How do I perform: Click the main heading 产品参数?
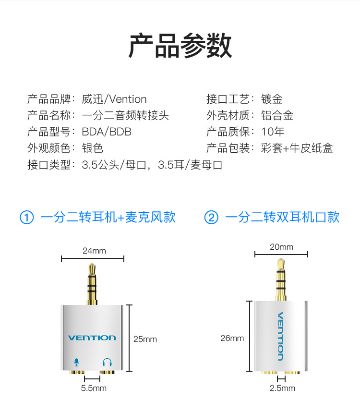point(180,46)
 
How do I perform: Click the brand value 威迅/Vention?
point(114,99)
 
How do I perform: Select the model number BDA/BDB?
point(107,132)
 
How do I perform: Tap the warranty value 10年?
point(273,132)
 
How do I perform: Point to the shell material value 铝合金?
point(277,115)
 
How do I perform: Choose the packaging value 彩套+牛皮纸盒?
point(297,148)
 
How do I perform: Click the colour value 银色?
point(93,148)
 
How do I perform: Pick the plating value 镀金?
point(272,99)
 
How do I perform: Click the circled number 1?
point(27,218)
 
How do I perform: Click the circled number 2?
point(211,218)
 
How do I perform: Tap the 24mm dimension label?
point(94,251)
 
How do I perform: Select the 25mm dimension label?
point(145,339)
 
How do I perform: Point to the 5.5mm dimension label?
point(94,388)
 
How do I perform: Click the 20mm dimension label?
point(282,247)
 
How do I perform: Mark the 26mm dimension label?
point(232,338)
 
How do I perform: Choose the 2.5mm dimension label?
point(282,388)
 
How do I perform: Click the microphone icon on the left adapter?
point(76,363)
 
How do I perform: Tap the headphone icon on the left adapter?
point(107,362)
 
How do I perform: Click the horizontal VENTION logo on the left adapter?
point(92,338)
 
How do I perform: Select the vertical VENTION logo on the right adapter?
point(280,336)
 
